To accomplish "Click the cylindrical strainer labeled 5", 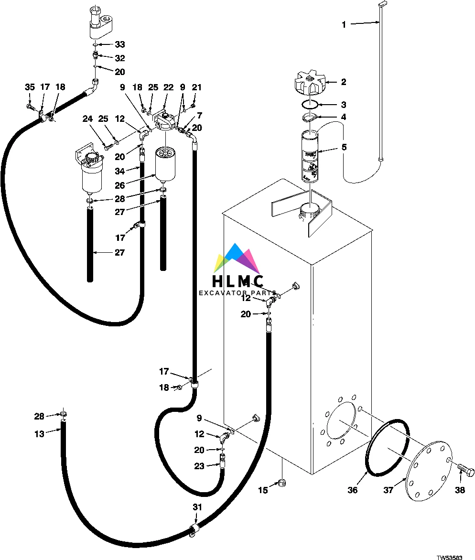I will pyautogui.click(x=310, y=157).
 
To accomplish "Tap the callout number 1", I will pyautogui.click(x=344, y=25).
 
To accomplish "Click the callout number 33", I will pyautogui.click(x=119, y=44).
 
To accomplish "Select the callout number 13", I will pyautogui.click(x=39, y=433).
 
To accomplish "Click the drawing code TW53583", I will pyautogui.click(x=449, y=557).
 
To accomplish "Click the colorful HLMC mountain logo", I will pyautogui.click(x=237, y=259).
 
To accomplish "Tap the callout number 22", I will pyautogui.click(x=168, y=87).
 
